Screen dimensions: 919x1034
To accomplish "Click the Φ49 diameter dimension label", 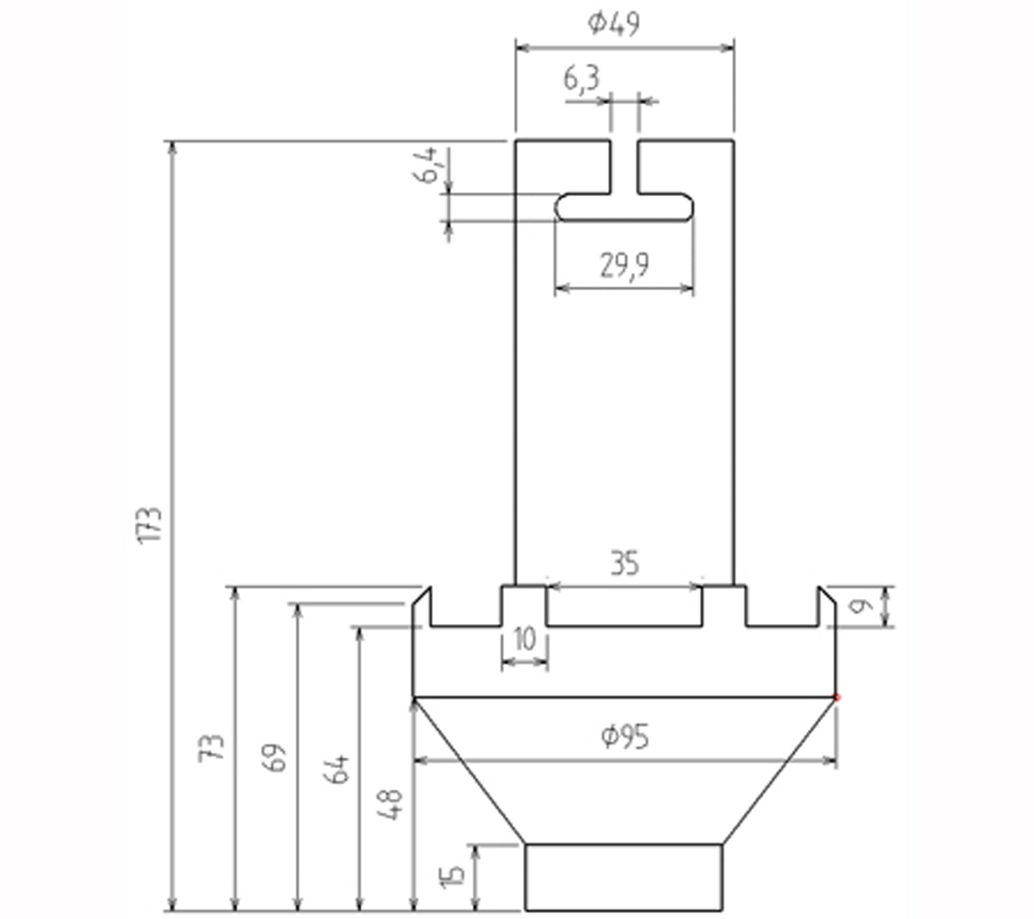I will [614, 23].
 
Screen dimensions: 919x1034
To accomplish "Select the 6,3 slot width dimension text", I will [581, 79].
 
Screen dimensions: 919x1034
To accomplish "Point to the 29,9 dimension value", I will [624, 265].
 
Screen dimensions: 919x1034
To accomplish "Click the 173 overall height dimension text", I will [150, 525].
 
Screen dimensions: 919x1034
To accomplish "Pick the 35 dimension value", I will [625, 564].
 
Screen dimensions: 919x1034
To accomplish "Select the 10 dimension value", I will [525, 640].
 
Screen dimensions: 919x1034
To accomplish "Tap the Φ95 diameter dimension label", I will [625, 737].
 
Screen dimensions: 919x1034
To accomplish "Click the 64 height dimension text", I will [336, 769].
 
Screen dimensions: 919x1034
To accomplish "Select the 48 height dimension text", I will [390, 804].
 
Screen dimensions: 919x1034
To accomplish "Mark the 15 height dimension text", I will [452, 876].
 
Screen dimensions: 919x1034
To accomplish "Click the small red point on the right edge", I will [837, 698].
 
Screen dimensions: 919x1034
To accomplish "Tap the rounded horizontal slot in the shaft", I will [624, 208].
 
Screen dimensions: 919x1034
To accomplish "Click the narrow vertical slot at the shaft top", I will [624, 165].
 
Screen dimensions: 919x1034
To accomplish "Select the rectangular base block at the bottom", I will [624, 877].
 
